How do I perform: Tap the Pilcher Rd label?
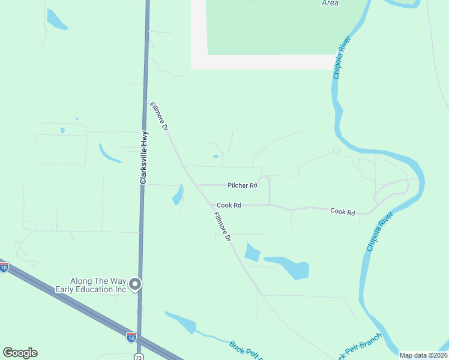tap(243, 185)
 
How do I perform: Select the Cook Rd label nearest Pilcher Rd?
tap(229, 205)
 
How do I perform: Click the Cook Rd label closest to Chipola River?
tap(342, 212)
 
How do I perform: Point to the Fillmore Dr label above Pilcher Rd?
tap(158, 116)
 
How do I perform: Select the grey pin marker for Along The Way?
tap(136, 284)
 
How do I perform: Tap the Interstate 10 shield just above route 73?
tap(131, 337)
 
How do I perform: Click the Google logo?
tap(20, 353)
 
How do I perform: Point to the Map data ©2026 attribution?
tap(423, 355)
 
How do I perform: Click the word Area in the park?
tap(330, 3)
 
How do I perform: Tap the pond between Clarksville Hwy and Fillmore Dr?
tap(178, 195)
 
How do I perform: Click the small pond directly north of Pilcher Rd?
tap(215, 157)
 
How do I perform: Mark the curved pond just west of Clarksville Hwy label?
tap(110, 154)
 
